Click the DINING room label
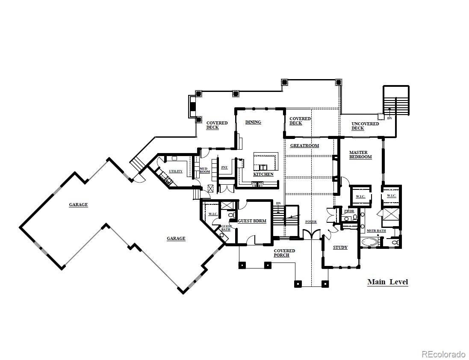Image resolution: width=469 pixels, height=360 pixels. [x=253, y=122]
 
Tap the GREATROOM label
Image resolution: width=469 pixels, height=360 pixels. [x=304, y=146]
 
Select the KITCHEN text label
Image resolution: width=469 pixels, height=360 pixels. [x=263, y=174]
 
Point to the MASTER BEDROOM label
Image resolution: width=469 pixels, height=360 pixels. [x=360, y=155]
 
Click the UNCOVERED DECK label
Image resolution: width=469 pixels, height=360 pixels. [x=365, y=126]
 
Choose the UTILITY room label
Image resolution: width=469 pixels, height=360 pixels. [x=175, y=171]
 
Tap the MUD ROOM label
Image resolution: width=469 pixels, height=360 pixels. [x=204, y=170]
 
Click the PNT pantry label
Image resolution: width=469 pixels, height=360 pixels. [x=224, y=168]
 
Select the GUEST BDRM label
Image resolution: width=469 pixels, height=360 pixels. [x=252, y=221]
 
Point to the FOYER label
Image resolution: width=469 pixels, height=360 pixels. [x=311, y=222]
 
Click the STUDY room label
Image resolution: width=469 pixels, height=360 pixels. [x=340, y=248]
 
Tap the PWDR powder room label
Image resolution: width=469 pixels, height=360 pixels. [x=349, y=211]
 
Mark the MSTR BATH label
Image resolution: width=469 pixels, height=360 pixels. [x=376, y=231]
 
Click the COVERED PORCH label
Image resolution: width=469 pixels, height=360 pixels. [x=284, y=253]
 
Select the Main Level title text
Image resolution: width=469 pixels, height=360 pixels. [x=387, y=282]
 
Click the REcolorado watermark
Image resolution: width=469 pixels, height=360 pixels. [x=443, y=354]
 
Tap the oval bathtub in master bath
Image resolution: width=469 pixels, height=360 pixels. [x=370, y=242]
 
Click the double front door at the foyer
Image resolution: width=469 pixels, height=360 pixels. [x=311, y=234]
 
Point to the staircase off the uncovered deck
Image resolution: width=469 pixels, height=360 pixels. [x=396, y=101]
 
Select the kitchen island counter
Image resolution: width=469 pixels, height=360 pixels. [x=265, y=160]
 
